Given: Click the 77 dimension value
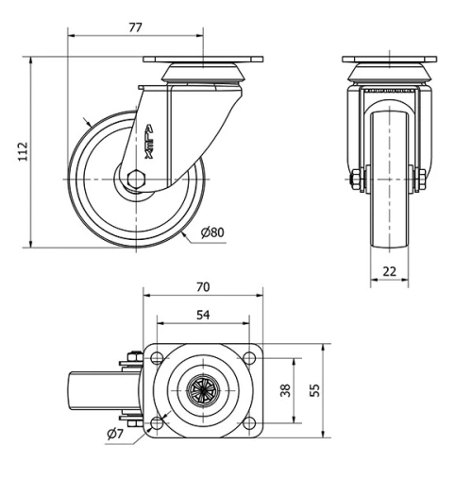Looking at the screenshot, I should [x=135, y=27].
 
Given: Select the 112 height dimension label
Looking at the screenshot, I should [x=23, y=152].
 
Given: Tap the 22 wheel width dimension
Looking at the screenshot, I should [x=390, y=272].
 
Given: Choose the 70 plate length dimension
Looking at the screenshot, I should [x=201, y=286].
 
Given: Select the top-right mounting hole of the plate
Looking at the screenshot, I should [x=250, y=357].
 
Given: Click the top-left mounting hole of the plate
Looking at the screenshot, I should [x=157, y=357].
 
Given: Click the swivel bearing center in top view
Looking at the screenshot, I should [x=202, y=389].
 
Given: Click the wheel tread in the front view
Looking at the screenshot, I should [x=390, y=180].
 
